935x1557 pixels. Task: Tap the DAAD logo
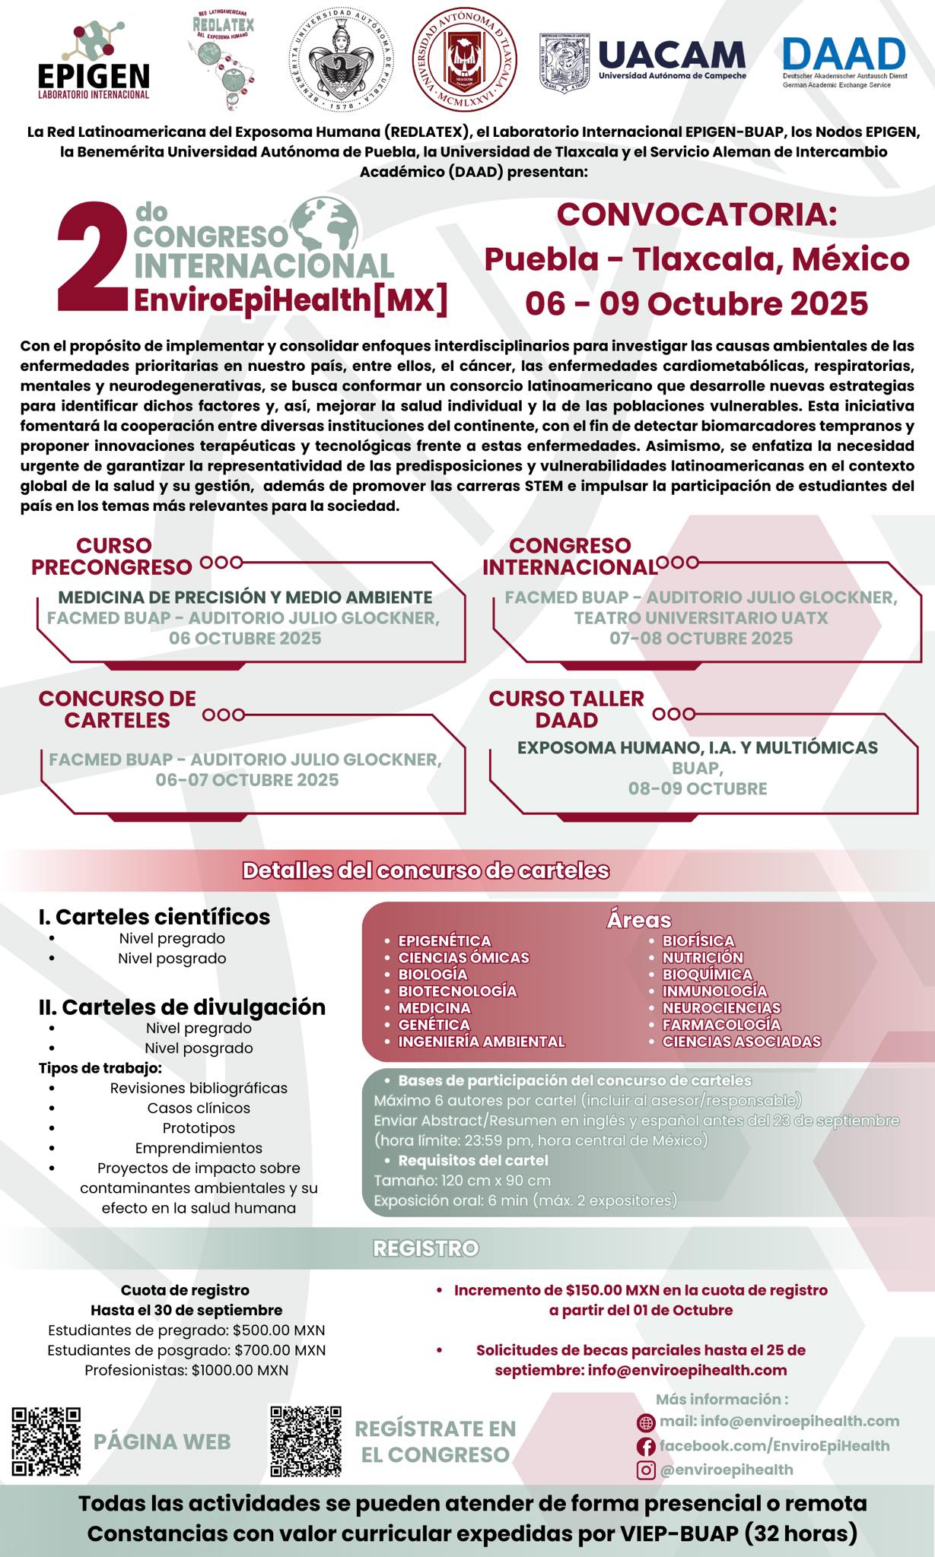pos(844,61)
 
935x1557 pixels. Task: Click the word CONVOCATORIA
pos(696,214)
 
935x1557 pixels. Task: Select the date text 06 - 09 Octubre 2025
pos(696,303)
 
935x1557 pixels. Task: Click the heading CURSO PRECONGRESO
pos(113,557)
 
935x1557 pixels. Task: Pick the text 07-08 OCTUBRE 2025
pos(701,639)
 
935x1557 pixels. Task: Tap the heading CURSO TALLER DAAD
pos(566,709)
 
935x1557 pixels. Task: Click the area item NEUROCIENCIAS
pos(721,1008)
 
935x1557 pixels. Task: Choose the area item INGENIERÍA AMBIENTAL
pos(482,1042)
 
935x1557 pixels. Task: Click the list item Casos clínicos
pos(199,1108)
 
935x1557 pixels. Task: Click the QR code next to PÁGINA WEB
pos(46,1441)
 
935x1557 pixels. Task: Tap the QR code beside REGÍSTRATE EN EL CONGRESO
pos(306,1441)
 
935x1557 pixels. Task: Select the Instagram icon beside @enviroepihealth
pos(645,1470)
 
